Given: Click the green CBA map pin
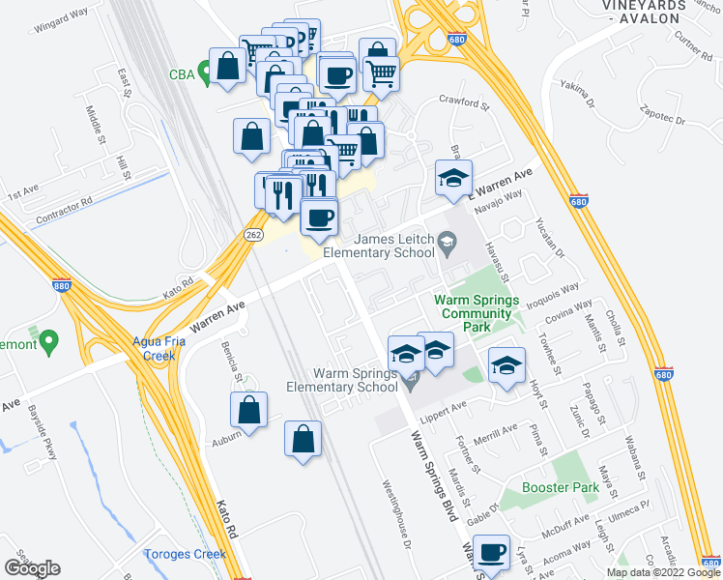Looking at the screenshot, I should pos(204,72).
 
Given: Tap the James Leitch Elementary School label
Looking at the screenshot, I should pos(379,246).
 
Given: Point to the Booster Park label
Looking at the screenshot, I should pos(562,488).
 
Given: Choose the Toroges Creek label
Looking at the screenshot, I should pos(185,554).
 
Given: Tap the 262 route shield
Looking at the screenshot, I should pos(254,235).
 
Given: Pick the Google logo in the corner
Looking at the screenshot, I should pos(32,568).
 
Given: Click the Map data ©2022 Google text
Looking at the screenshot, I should pos(663,572).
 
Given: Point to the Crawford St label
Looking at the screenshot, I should pos(459,101).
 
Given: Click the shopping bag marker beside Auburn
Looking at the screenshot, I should pos(249,409).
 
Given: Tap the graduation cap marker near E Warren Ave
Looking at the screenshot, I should pos(453,179).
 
